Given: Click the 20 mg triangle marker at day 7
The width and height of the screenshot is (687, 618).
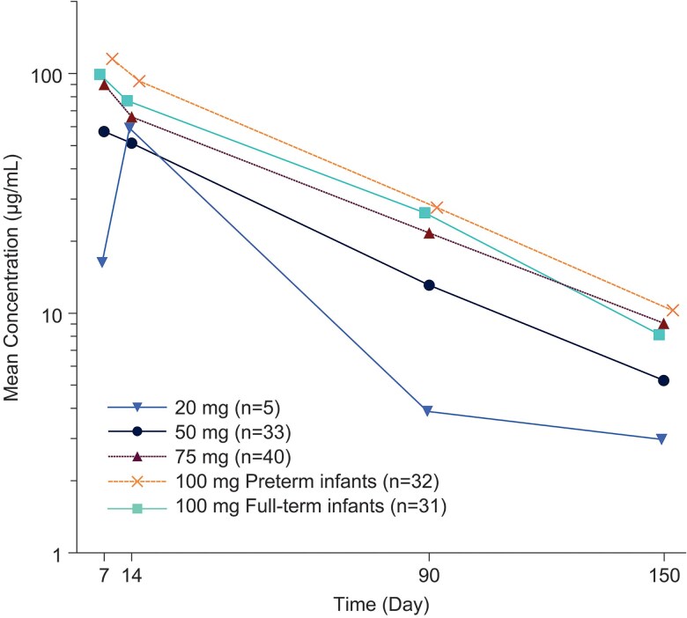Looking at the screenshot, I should (102, 262).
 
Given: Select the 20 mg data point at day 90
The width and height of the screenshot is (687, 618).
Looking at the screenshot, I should (428, 411).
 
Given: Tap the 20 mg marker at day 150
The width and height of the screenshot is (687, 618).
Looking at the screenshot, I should (661, 439).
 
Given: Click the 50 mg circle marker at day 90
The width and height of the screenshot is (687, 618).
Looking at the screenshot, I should (429, 285).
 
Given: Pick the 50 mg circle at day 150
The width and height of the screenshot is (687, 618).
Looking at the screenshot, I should (663, 380).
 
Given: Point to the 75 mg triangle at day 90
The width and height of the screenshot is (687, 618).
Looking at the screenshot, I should (429, 233).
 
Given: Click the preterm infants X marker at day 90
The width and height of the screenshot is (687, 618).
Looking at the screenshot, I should (435, 208).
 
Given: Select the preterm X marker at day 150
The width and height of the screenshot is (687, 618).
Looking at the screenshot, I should (673, 310).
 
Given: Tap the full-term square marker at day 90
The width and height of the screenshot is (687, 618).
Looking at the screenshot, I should (425, 213).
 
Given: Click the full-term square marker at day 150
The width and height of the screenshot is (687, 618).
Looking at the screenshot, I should (659, 335).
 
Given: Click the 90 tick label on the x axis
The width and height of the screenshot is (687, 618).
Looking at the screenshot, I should (429, 577).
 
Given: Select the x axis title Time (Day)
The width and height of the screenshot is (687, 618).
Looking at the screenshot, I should (380, 605).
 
